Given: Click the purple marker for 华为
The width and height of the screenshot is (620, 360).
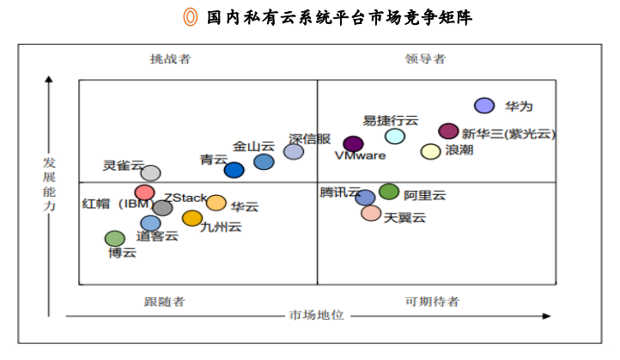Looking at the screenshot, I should coord(484,106).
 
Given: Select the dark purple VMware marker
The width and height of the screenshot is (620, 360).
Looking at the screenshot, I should coord(353,143).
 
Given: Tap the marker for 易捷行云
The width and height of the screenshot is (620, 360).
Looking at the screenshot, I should coord(395,136).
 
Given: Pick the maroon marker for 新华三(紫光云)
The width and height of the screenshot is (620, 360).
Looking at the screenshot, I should coord(448,131).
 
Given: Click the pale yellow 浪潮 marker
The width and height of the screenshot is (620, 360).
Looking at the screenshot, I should coord(430,151).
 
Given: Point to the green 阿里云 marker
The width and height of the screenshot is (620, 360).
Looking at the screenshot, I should coord(389,192).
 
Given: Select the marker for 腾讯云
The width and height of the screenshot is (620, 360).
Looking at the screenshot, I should coord(365,198).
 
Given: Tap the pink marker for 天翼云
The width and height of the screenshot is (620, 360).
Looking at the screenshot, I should coord(371,212).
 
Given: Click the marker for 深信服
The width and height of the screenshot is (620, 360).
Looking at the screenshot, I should coord(294,152).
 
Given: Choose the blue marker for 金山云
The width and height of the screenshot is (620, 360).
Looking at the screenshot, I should coord(264,162).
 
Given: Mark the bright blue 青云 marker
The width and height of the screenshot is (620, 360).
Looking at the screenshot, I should coord(234,170).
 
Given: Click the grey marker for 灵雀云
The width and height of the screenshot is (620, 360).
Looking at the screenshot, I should coord(150,174).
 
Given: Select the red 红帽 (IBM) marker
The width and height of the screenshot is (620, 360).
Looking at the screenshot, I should coord(145,192).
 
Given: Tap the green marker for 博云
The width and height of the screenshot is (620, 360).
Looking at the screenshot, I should coord(114,238).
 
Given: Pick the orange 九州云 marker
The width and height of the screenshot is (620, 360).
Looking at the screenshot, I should coord(192,218).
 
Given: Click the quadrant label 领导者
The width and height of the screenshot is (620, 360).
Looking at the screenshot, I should coord(426,59).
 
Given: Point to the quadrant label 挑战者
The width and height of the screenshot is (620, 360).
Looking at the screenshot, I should coord(170,59).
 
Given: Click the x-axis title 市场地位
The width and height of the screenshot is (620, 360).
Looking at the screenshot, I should coord(317,315).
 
